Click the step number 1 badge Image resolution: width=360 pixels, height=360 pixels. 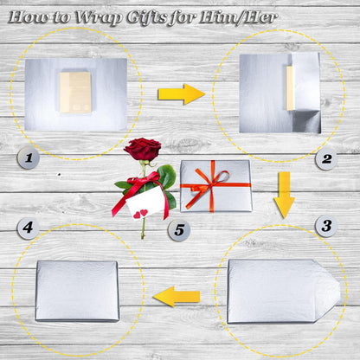(x=29, y=158)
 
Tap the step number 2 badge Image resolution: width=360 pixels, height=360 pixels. (x=326, y=159)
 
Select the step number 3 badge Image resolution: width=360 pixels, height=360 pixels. (x=326, y=226)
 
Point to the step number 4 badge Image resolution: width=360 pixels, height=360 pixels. (x=28, y=228)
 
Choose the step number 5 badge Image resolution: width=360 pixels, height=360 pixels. (x=179, y=230)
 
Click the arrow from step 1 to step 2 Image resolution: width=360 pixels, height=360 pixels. (x=181, y=94)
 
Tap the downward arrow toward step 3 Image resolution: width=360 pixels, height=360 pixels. (x=284, y=195)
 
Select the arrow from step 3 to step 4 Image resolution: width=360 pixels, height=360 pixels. (x=177, y=297)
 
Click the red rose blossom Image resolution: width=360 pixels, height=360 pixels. (x=143, y=149)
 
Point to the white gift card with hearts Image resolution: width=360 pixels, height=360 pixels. (x=145, y=202)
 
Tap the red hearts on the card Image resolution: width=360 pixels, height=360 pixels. (x=140, y=214)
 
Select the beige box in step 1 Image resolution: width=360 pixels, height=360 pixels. (x=75, y=93)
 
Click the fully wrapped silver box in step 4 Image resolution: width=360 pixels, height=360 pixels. (x=77, y=291)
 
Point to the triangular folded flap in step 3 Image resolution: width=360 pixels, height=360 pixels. (x=328, y=291)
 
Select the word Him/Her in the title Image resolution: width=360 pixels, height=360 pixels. (x=238, y=18)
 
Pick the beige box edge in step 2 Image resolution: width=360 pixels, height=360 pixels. (x=290, y=88)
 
